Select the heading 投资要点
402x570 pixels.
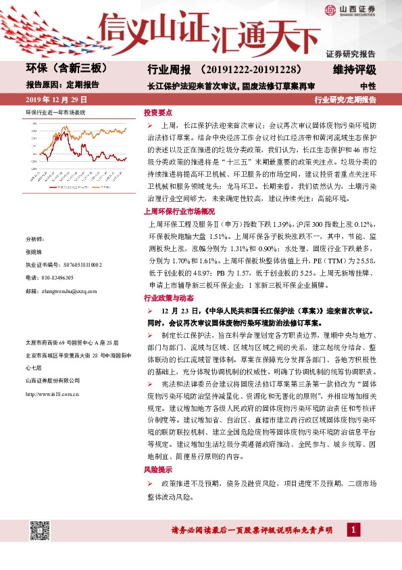(158, 112)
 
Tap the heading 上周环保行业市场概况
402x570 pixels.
(178, 211)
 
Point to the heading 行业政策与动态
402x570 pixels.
(168, 298)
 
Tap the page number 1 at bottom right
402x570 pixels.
(353, 529)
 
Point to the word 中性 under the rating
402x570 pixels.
(368, 86)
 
